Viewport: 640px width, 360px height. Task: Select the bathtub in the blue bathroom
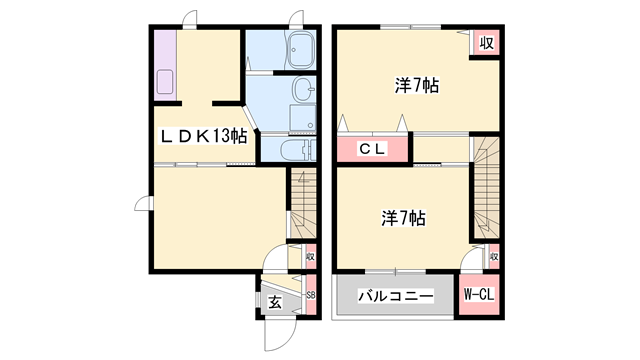coord(300,49)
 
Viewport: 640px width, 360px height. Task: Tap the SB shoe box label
coord(310,297)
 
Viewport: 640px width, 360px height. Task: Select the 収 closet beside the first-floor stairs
coord(311,257)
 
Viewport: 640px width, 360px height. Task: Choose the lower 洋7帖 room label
coord(403,216)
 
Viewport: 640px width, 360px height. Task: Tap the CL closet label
coord(372,150)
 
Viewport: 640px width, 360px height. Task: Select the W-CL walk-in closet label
coord(479,295)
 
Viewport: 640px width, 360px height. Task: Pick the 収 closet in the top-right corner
coord(486,42)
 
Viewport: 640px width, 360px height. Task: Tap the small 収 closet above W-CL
coord(493,257)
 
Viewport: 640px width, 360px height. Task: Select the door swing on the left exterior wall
coord(143,205)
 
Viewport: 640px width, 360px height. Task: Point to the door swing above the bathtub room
coord(295,18)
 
